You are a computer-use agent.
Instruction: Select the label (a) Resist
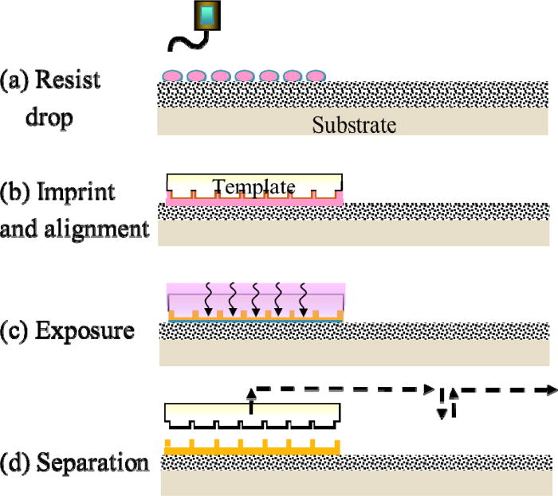(x=50, y=80)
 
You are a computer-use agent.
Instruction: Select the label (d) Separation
(x=75, y=462)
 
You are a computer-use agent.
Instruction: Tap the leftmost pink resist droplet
(x=172, y=76)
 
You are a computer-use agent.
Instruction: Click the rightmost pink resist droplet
(x=316, y=76)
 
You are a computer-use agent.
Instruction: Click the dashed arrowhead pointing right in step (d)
(x=548, y=389)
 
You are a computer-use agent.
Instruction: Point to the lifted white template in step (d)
(x=253, y=413)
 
